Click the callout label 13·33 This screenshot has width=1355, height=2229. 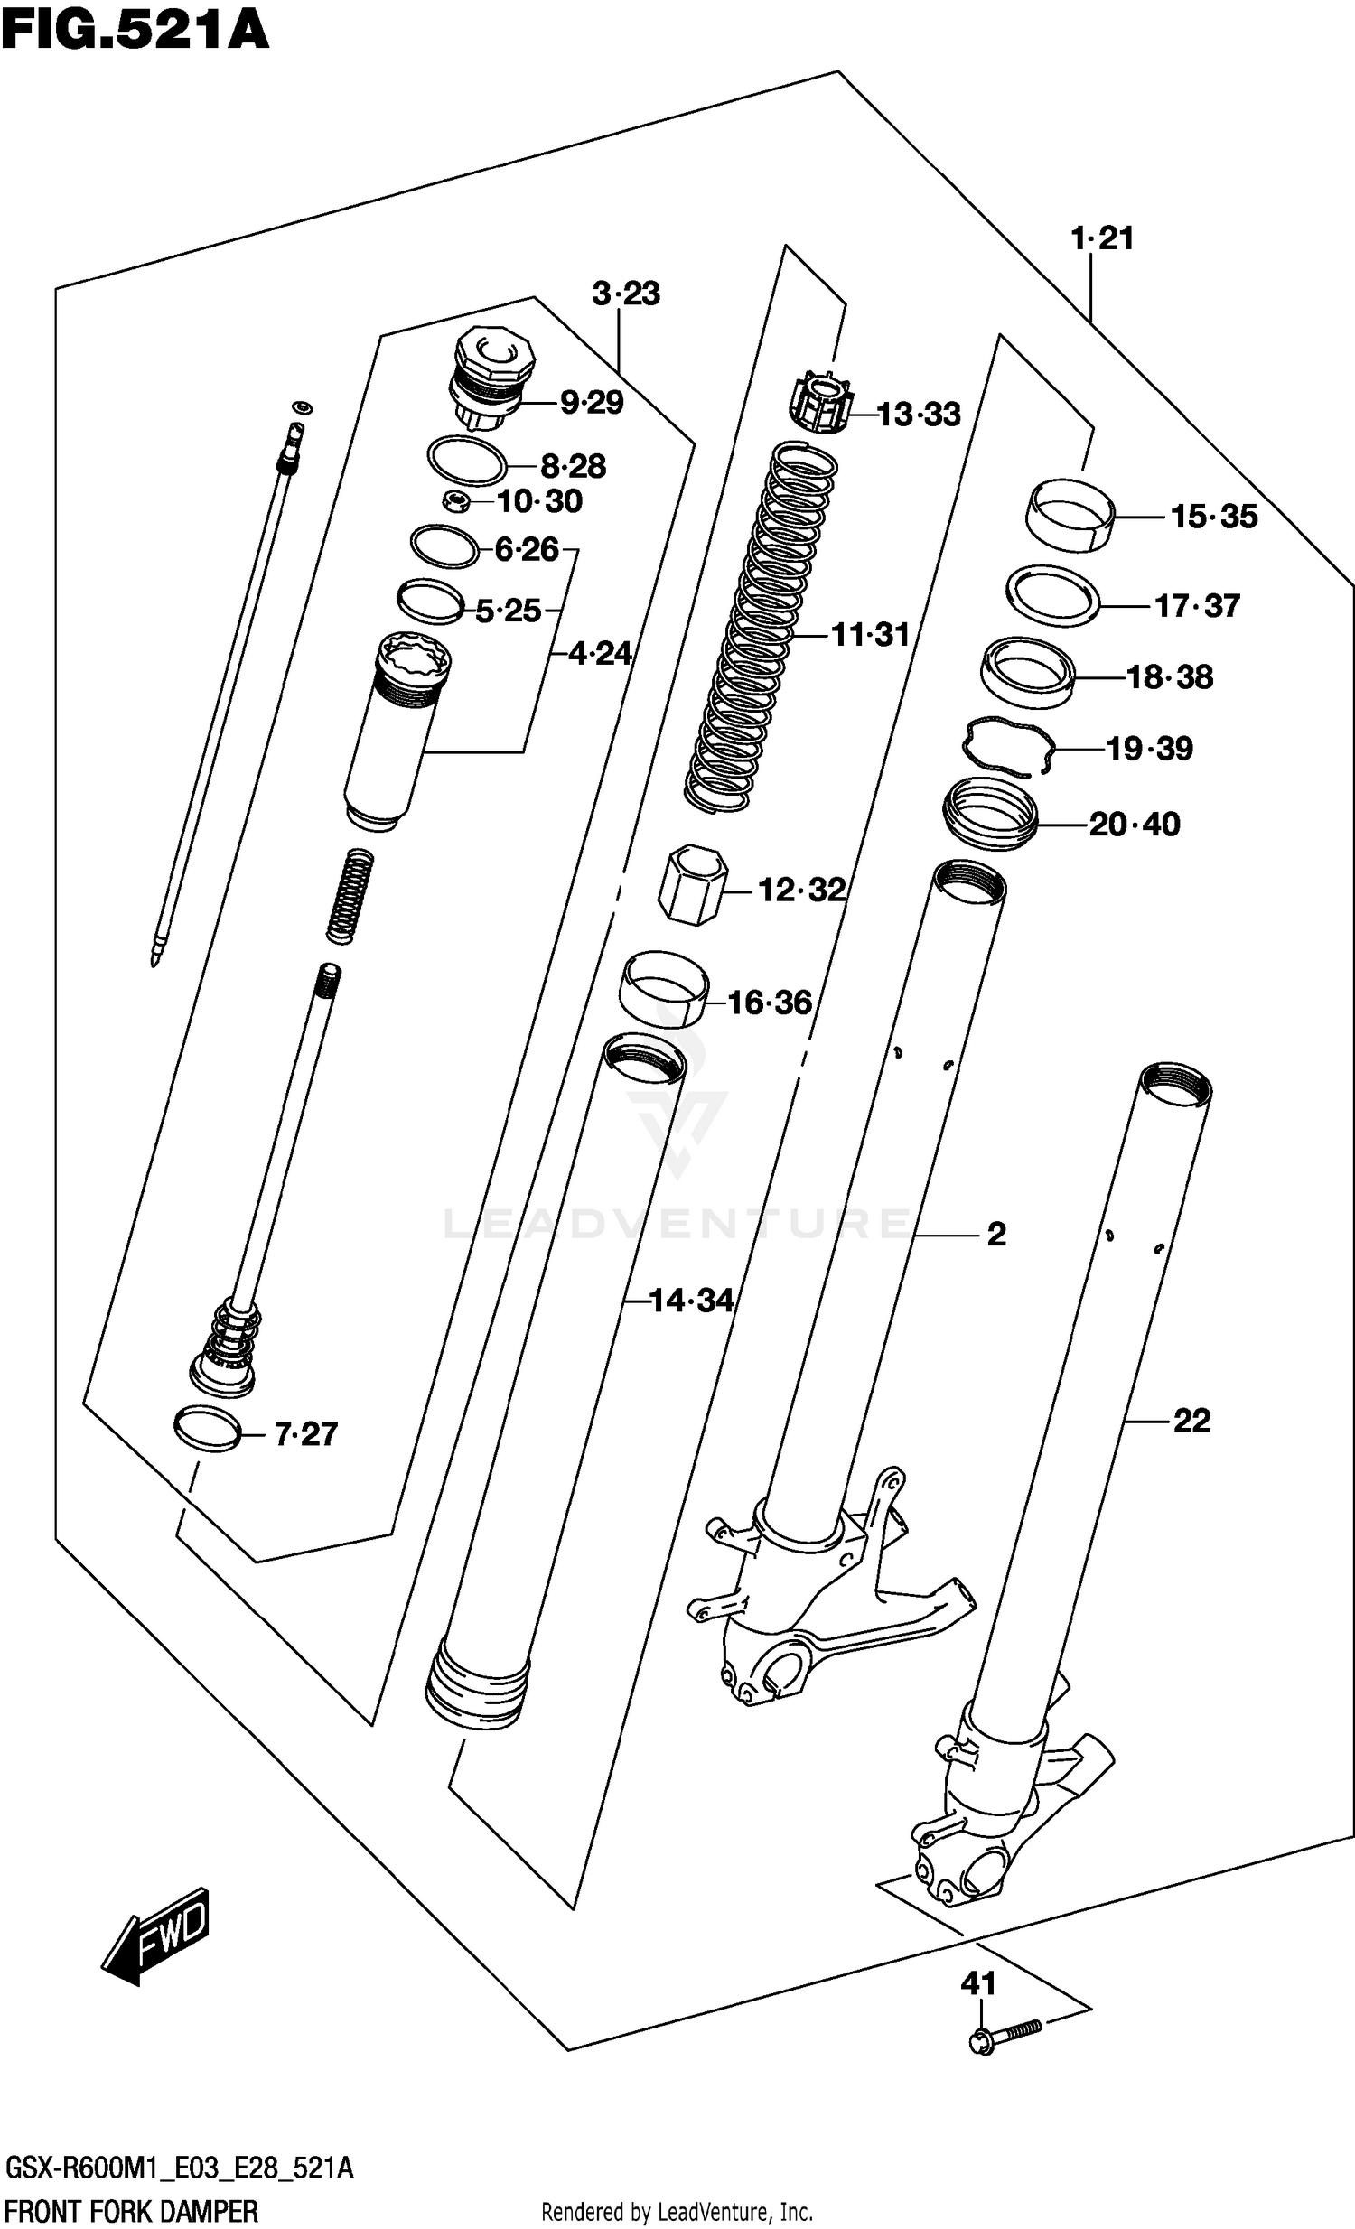pyautogui.click(x=918, y=415)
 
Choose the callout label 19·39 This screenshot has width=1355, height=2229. pyautogui.click(x=1149, y=749)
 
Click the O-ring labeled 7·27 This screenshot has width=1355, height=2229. pyautogui.click(x=209, y=1429)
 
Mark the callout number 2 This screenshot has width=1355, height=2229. pyautogui.click(x=995, y=1234)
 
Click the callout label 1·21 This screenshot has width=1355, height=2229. pyautogui.click(x=1101, y=238)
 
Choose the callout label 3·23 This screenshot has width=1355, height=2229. pyautogui.click(x=626, y=294)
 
